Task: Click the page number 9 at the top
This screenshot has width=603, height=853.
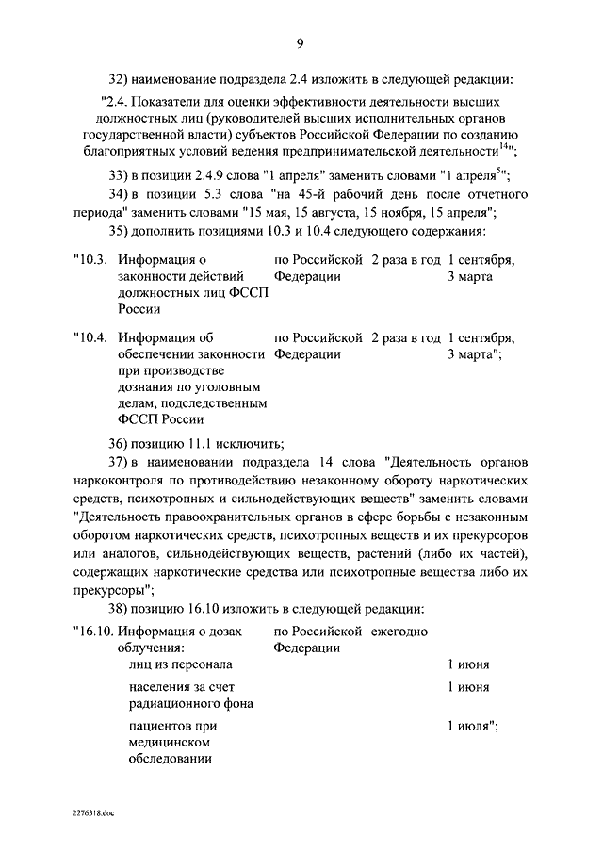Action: [300, 41]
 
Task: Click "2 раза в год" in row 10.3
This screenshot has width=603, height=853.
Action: [406, 259]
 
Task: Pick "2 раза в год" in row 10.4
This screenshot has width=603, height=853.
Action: [406, 337]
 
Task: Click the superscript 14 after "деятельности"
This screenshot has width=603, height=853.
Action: [504, 146]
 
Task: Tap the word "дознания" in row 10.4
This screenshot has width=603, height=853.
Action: [146, 387]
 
